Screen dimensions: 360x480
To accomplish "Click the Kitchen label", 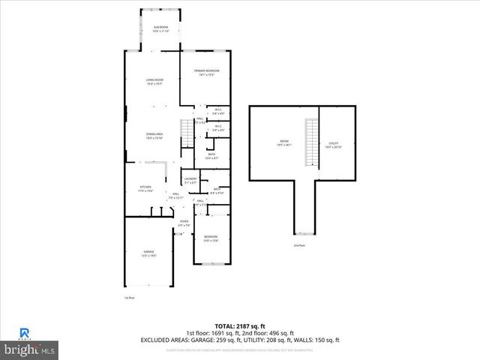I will (x=145, y=188).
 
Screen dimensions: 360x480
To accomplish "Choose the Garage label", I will (x=148, y=253).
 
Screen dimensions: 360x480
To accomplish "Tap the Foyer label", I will (x=184, y=223).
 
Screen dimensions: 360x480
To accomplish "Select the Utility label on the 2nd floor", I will (x=334, y=144).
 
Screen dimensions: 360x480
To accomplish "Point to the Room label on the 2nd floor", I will (x=284, y=141).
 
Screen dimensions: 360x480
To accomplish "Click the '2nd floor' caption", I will (x=299, y=245).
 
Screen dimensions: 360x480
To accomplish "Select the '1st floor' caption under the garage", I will (x=129, y=298).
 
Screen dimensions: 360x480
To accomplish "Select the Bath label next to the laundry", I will (x=216, y=190).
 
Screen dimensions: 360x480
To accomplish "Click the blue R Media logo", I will (x=24, y=332).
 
